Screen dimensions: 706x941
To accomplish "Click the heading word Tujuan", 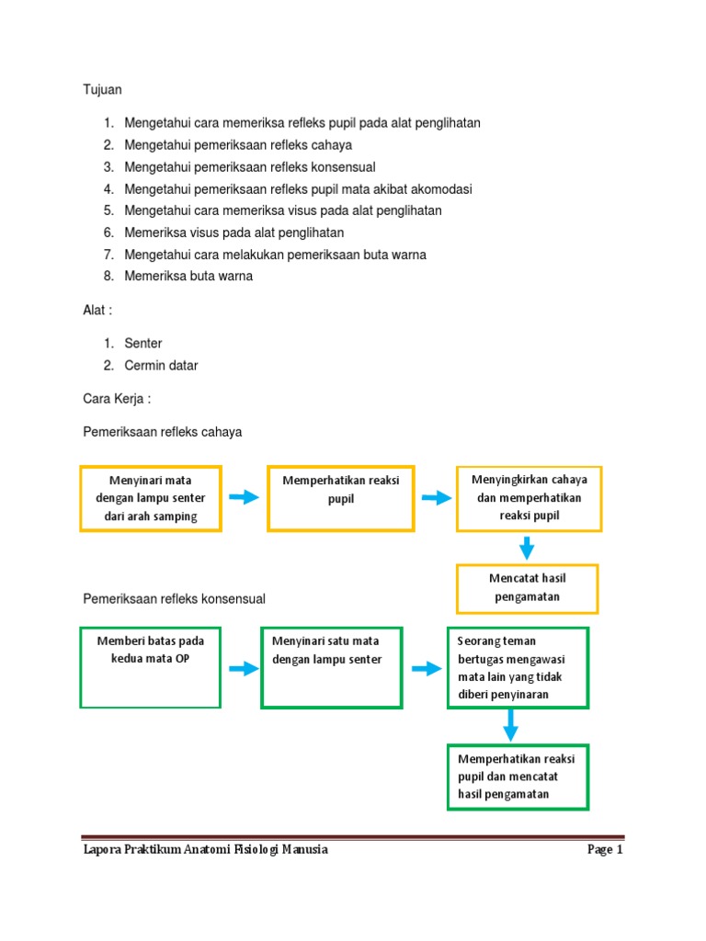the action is (102, 89).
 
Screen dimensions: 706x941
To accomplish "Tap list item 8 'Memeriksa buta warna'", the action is (188, 276).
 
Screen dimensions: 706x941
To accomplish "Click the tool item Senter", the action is (142, 344).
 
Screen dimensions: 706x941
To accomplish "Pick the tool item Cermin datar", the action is (161, 366).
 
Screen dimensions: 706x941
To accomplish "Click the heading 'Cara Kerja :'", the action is (117, 399).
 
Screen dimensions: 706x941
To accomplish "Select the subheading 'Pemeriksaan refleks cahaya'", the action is (162, 432).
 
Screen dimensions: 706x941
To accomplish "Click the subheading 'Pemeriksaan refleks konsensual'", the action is (174, 599).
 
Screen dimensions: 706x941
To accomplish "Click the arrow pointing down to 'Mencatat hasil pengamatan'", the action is (527, 548).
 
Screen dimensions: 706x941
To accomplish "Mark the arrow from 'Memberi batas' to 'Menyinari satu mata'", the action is (244, 669).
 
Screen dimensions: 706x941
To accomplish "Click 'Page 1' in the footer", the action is (605, 849).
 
